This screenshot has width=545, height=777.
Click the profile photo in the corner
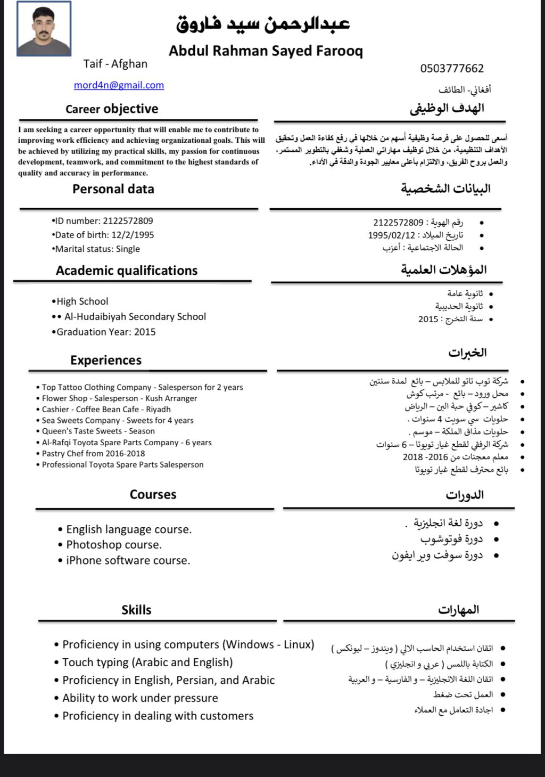[44, 29]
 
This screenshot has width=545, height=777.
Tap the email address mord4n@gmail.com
[119, 85]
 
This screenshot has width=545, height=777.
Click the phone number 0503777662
[452, 68]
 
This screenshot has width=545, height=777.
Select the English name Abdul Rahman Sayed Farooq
[266, 51]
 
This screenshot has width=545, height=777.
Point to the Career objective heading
[112, 109]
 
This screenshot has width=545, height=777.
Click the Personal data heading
[113, 189]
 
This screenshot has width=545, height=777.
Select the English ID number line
[103, 221]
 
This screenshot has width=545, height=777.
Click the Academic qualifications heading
[127, 271]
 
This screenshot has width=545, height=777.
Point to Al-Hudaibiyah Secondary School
[135, 317]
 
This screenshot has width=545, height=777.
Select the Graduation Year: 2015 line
[105, 332]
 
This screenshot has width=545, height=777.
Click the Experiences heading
[106, 361]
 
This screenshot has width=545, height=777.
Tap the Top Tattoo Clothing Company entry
[142, 388]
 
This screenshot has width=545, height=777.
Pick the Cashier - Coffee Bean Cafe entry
[106, 410]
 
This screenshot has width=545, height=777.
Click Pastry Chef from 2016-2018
[93, 454]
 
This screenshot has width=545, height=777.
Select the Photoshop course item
[113, 545]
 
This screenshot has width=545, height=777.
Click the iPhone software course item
[128, 560]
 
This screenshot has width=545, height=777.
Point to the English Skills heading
[136, 610]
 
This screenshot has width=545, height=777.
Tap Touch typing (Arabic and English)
[147, 663]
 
